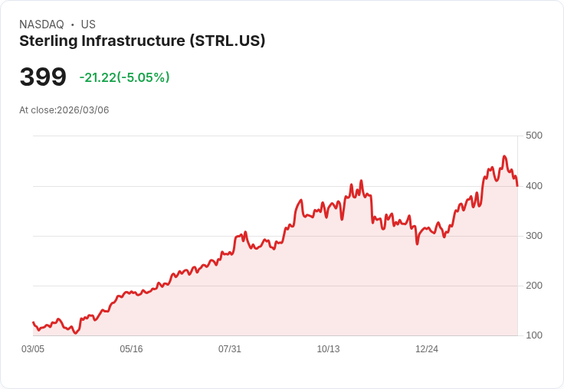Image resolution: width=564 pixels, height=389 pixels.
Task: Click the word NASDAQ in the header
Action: (41, 25)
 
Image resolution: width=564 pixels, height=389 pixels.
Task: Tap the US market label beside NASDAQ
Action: (88, 25)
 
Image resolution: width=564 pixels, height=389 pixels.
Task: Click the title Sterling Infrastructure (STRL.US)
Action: (142, 41)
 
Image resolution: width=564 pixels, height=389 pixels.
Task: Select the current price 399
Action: (43, 77)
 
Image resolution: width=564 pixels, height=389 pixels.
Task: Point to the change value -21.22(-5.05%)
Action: (124, 77)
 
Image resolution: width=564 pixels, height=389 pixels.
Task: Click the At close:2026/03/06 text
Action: (64, 110)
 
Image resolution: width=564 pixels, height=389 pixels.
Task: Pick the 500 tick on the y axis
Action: (533, 136)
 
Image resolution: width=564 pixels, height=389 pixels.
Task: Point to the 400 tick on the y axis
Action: (533, 185)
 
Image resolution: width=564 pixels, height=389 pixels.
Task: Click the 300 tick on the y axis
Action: (533, 235)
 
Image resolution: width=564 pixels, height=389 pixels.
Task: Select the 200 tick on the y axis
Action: (533, 286)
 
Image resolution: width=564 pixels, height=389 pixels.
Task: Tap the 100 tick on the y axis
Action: (533, 335)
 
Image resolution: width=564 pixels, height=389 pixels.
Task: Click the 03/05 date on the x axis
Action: (33, 349)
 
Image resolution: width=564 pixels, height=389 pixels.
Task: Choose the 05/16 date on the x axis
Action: (131, 349)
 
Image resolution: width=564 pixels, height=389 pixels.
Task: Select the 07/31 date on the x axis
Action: (230, 349)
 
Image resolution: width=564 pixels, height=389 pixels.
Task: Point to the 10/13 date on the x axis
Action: (328, 349)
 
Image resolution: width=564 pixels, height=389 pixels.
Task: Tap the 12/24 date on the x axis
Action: (427, 349)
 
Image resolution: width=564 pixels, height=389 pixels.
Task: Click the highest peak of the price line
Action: (503, 156)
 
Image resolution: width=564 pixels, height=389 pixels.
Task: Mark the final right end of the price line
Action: (517, 186)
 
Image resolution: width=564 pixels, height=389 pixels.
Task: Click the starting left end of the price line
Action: (33, 322)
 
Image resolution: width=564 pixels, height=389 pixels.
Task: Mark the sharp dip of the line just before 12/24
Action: (417, 244)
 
